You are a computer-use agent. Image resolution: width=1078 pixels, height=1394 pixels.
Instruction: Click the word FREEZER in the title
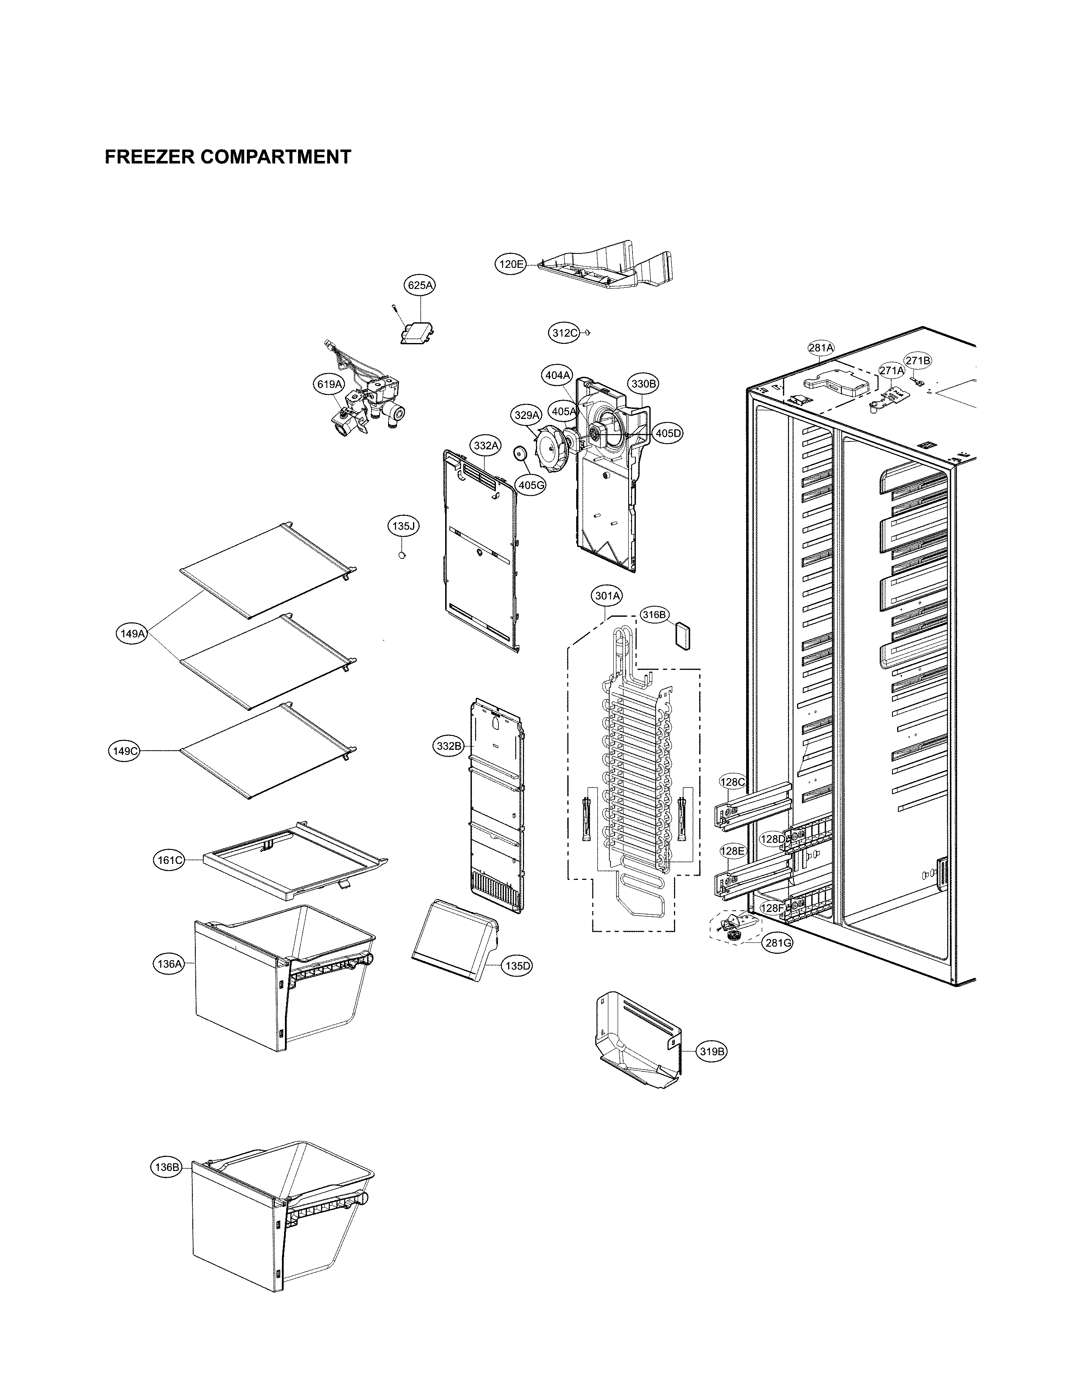149,157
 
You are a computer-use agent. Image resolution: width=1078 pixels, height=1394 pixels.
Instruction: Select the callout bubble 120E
512,264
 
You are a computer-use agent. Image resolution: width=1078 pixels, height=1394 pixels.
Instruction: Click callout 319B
712,1051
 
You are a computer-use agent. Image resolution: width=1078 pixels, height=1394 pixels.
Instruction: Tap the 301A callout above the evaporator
607,596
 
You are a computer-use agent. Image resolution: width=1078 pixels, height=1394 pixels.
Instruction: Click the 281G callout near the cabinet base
778,943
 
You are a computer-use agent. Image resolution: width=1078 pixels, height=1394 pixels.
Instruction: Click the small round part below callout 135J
402,555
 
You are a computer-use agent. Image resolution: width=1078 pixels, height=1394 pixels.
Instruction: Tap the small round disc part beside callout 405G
520,454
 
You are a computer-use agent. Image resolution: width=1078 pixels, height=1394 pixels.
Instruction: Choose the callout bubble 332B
448,746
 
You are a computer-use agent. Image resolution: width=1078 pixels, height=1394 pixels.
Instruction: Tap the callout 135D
517,966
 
